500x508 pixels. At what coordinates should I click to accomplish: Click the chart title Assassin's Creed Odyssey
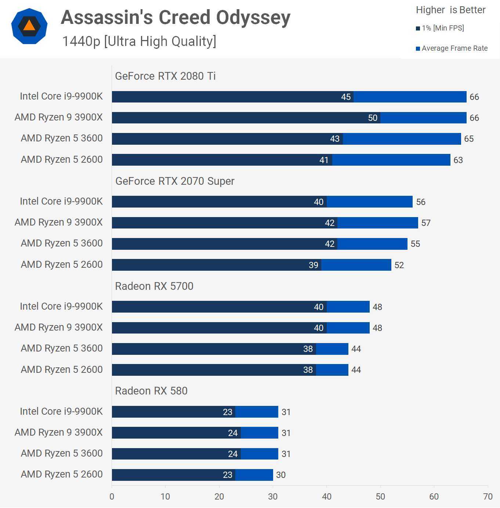(x=175, y=18)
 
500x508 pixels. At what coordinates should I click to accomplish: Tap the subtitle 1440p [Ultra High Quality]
(x=139, y=42)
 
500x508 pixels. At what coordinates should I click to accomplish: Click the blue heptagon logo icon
(x=29, y=26)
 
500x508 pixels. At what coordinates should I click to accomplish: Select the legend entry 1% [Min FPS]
(x=442, y=28)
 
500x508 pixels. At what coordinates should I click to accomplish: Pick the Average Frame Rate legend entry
(x=454, y=48)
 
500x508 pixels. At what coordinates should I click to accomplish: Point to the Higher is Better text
(x=450, y=10)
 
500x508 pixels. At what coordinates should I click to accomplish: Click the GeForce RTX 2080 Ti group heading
(x=165, y=76)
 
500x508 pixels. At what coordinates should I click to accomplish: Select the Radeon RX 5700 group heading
(x=154, y=286)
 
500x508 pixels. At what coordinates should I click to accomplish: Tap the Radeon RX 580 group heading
(x=151, y=391)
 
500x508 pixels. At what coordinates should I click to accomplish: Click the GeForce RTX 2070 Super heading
(x=175, y=181)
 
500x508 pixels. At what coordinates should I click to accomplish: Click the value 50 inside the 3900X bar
(x=373, y=118)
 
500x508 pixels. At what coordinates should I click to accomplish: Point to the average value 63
(x=458, y=160)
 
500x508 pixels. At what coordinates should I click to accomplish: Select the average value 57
(x=426, y=223)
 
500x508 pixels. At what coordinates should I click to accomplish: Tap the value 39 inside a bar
(x=314, y=265)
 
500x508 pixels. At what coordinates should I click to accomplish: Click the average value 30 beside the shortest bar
(x=281, y=475)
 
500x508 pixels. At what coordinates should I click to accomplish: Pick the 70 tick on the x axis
(x=488, y=497)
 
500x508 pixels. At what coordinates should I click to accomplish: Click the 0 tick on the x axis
(x=112, y=497)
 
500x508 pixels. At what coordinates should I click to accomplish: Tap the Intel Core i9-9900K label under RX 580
(x=61, y=411)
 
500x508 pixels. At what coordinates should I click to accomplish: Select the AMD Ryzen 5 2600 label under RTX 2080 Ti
(x=62, y=159)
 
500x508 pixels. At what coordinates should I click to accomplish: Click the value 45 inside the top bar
(x=346, y=97)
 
